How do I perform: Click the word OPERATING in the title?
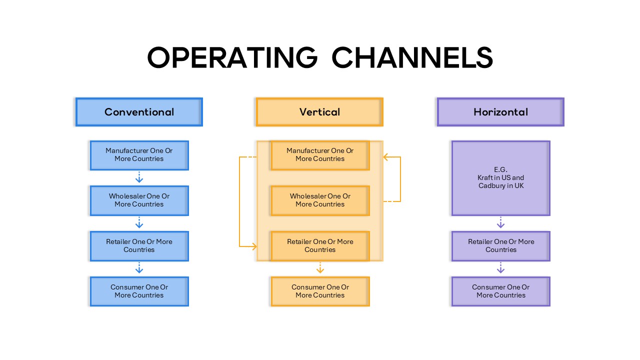(x=232, y=57)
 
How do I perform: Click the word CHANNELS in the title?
(x=412, y=57)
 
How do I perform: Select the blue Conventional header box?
(x=139, y=112)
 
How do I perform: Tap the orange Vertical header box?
(x=319, y=112)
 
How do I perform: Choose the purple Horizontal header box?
(x=500, y=112)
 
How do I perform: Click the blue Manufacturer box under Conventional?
(x=139, y=155)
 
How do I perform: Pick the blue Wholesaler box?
(x=139, y=200)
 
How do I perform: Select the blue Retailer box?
(x=139, y=246)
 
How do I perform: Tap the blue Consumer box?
(x=139, y=291)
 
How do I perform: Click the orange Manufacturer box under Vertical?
(x=320, y=155)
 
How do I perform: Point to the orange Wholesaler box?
(x=320, y=200)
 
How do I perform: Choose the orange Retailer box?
(x=320, y=246)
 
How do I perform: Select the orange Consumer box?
(x=320, y=291)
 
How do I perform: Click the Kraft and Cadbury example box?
(x=500, y=178)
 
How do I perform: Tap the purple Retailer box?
(x=500, y=246)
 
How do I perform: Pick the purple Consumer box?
(x=500, y=291)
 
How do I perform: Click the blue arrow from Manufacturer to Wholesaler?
(x=139, y=177)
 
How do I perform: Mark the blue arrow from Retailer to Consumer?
(x=139, y=268)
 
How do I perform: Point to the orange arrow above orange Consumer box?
(x=320, y=268)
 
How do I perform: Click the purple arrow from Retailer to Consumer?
(x=500, y=268)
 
